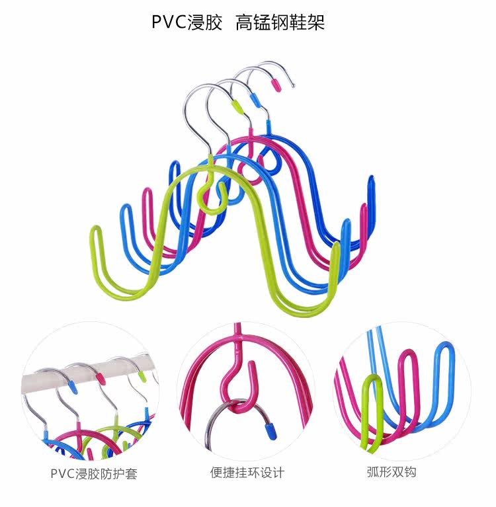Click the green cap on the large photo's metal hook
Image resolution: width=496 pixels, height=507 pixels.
click(x=236, y=106)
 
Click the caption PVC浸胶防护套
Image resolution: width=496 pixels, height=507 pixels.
click(x=94, y=474)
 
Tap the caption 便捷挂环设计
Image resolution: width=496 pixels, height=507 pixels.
click(x=247, y=473)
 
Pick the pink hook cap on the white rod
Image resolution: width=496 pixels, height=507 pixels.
click(x=101, y=377)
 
